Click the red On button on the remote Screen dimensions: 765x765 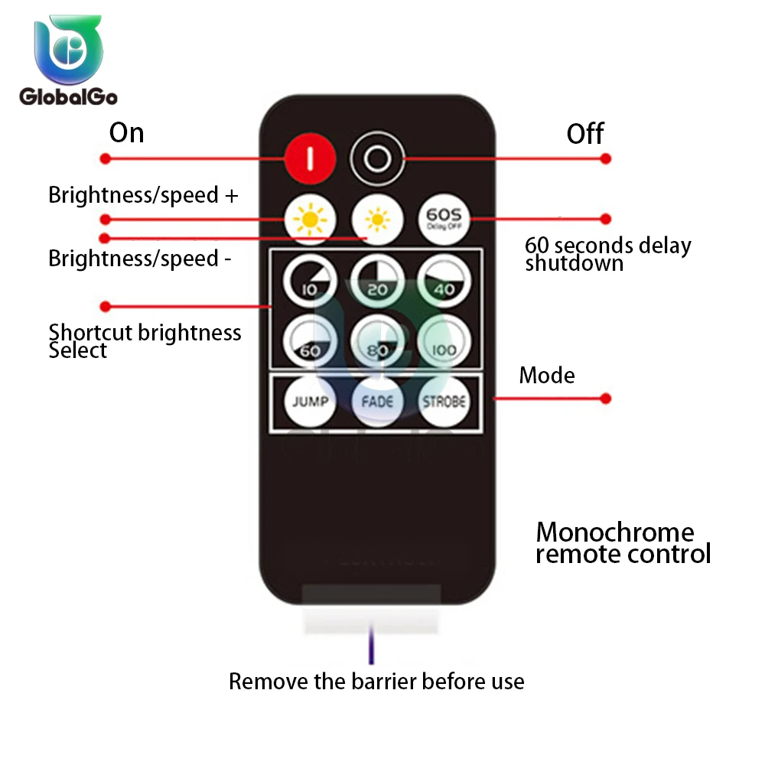pos(310,158)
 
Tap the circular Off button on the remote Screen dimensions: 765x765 pos(376,158)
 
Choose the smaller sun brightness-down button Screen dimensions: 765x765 pos(376,220)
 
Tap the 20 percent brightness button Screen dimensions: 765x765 pos(376,280)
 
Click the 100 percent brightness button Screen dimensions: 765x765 pos(444,340)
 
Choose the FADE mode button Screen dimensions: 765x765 pos(376,402)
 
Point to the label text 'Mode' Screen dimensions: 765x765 pos(547,376)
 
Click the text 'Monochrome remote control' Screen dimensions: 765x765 pos(622,542)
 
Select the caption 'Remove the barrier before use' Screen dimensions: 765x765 pos(376,682)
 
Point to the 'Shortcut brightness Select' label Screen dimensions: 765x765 pos(144,341)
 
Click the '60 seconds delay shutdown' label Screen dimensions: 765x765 pos(607,254)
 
